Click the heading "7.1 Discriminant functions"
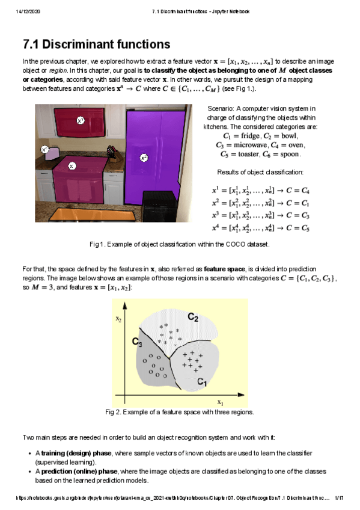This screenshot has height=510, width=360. point(96,45)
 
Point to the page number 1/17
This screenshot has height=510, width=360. point(338,498)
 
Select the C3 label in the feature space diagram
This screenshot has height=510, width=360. point(138,342)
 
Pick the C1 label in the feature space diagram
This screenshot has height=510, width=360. point(203,381)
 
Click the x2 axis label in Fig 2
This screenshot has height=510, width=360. point(119,319)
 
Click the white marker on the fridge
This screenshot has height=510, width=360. point(144,158)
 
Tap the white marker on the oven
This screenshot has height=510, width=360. point(72,165)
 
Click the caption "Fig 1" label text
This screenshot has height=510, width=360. point(96,244)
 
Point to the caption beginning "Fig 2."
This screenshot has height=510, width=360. point(179,412)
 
